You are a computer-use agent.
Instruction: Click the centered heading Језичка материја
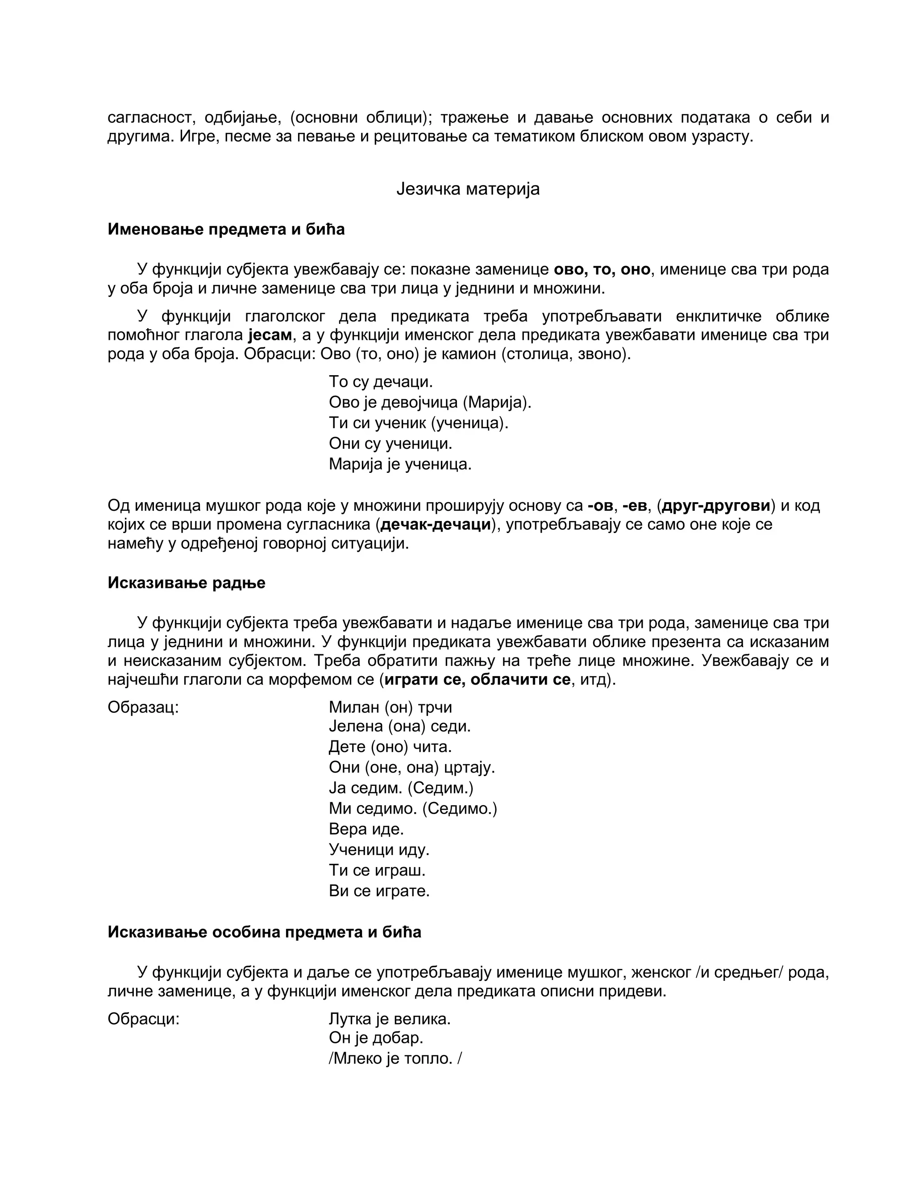468,189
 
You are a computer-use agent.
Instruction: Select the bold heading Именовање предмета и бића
226,229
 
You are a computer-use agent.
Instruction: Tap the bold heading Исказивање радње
186,583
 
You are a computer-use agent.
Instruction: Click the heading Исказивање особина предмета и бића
264,932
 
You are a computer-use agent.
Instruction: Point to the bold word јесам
270,335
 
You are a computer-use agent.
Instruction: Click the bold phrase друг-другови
716,505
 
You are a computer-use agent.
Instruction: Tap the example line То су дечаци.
381,382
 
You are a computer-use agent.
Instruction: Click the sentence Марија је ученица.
400,464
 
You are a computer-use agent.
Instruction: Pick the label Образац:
143,707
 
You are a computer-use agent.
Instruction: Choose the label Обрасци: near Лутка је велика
143,1019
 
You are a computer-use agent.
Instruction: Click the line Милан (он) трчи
390,707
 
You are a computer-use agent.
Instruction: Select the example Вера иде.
366,829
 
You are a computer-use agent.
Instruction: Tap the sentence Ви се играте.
379,891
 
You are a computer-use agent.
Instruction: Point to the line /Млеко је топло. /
395,1058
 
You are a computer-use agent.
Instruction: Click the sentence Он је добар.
376,1038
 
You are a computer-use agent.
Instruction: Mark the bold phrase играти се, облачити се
477,679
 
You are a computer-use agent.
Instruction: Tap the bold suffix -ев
635,505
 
